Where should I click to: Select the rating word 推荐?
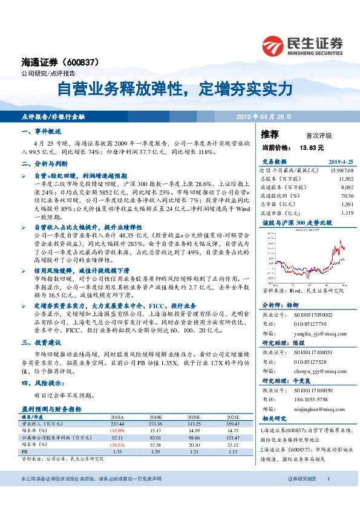coord(270,134)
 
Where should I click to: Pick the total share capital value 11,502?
coord(345,180)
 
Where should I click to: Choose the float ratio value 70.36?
coord(347,196)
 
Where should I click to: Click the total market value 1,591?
coord(347,204)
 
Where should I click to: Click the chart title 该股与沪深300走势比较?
coord(297,223)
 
